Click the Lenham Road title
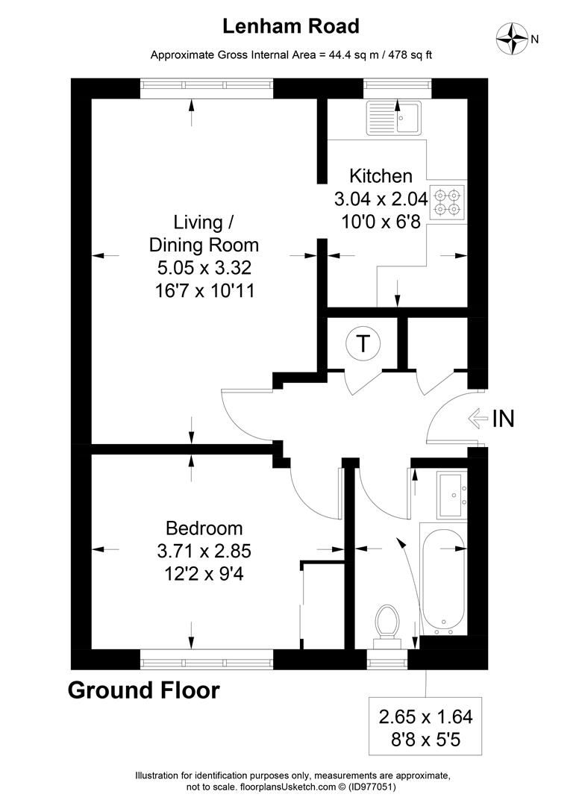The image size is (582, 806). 291,27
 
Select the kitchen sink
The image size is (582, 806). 394,118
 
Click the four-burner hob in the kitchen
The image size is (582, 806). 447,202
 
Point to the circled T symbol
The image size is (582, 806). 363,344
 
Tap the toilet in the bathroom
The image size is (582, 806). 387,622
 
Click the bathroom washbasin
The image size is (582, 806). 451,494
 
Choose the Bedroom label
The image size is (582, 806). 204,528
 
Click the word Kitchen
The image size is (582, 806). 381,176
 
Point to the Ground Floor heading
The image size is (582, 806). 144,690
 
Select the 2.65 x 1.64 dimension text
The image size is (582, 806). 425,717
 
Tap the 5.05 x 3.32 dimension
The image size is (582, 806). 204,268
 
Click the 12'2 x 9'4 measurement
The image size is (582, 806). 204,576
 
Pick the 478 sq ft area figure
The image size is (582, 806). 407,54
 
